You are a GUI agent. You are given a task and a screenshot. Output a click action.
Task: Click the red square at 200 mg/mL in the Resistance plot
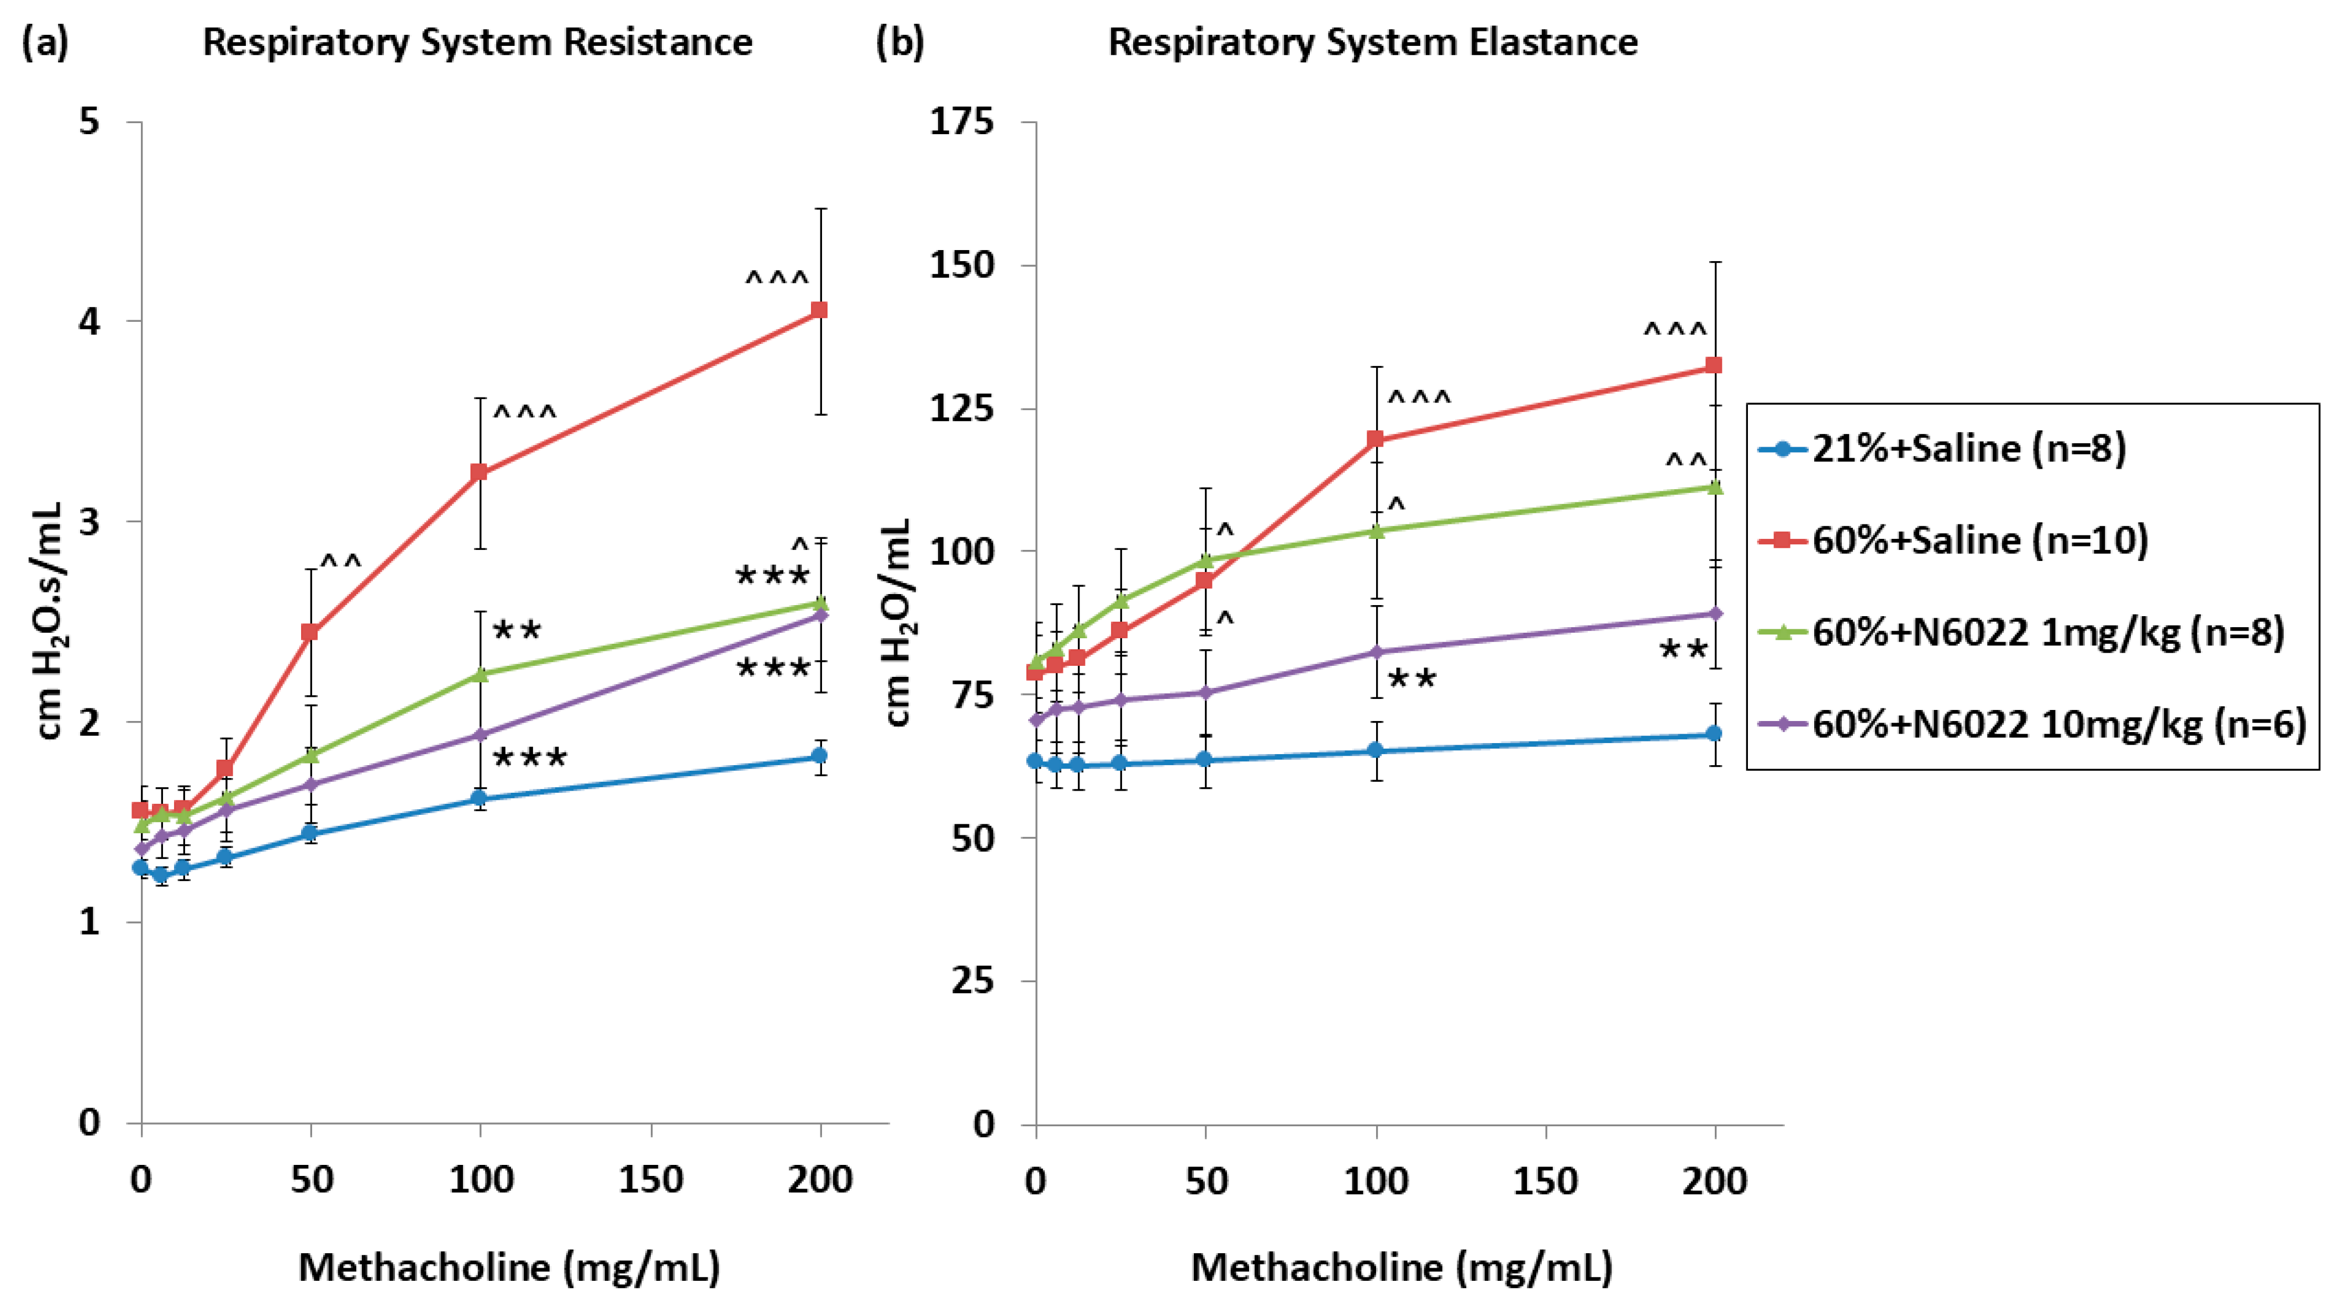[x=819, y=310]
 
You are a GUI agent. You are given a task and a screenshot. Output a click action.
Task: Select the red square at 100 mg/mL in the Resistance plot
[x=478, y=472]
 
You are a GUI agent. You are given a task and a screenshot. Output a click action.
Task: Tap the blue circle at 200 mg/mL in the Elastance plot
[x=1714, y=734]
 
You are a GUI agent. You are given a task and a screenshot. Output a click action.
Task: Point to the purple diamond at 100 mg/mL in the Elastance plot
[x=1376, y=652]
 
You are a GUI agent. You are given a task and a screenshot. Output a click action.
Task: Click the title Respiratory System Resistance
[x=478, y=43]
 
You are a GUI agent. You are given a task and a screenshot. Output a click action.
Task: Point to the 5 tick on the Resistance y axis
[x=89, y=121]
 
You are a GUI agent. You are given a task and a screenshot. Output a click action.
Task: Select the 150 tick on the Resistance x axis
[x=651, y=1180]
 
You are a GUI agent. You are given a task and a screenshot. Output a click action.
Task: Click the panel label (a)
[x=45, y=43]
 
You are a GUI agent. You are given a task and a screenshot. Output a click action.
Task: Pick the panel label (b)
[x=899, y=43]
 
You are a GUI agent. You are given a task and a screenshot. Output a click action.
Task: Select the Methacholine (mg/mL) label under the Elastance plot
[x=1402, y=1267]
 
